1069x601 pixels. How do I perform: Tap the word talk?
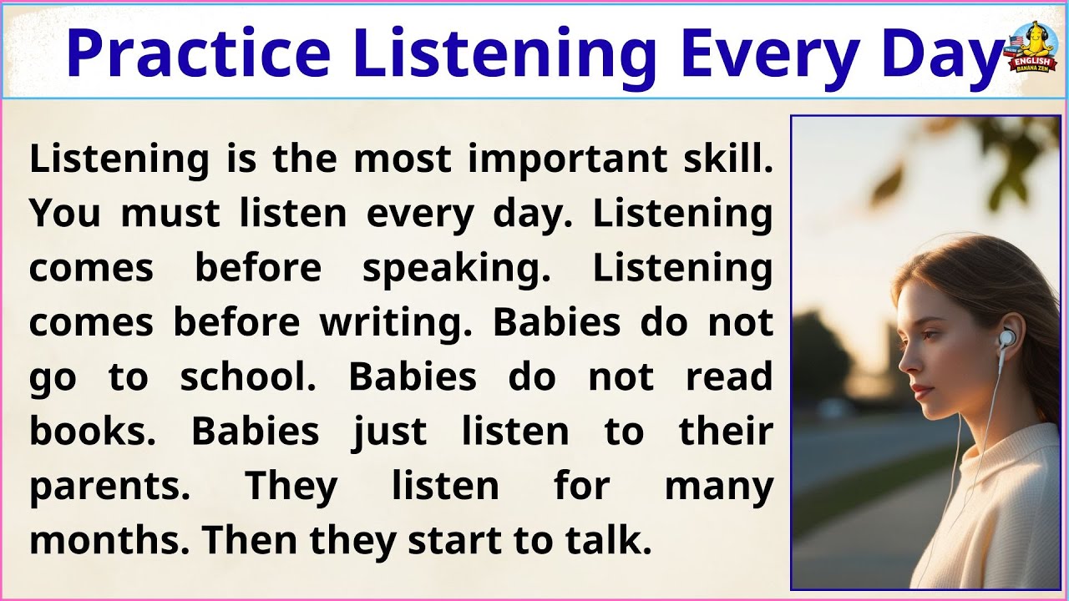(613, 541)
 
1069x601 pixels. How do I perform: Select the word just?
(389, 432)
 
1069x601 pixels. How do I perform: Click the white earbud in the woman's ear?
(1008, 338)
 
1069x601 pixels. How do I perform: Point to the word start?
(454, 541)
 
